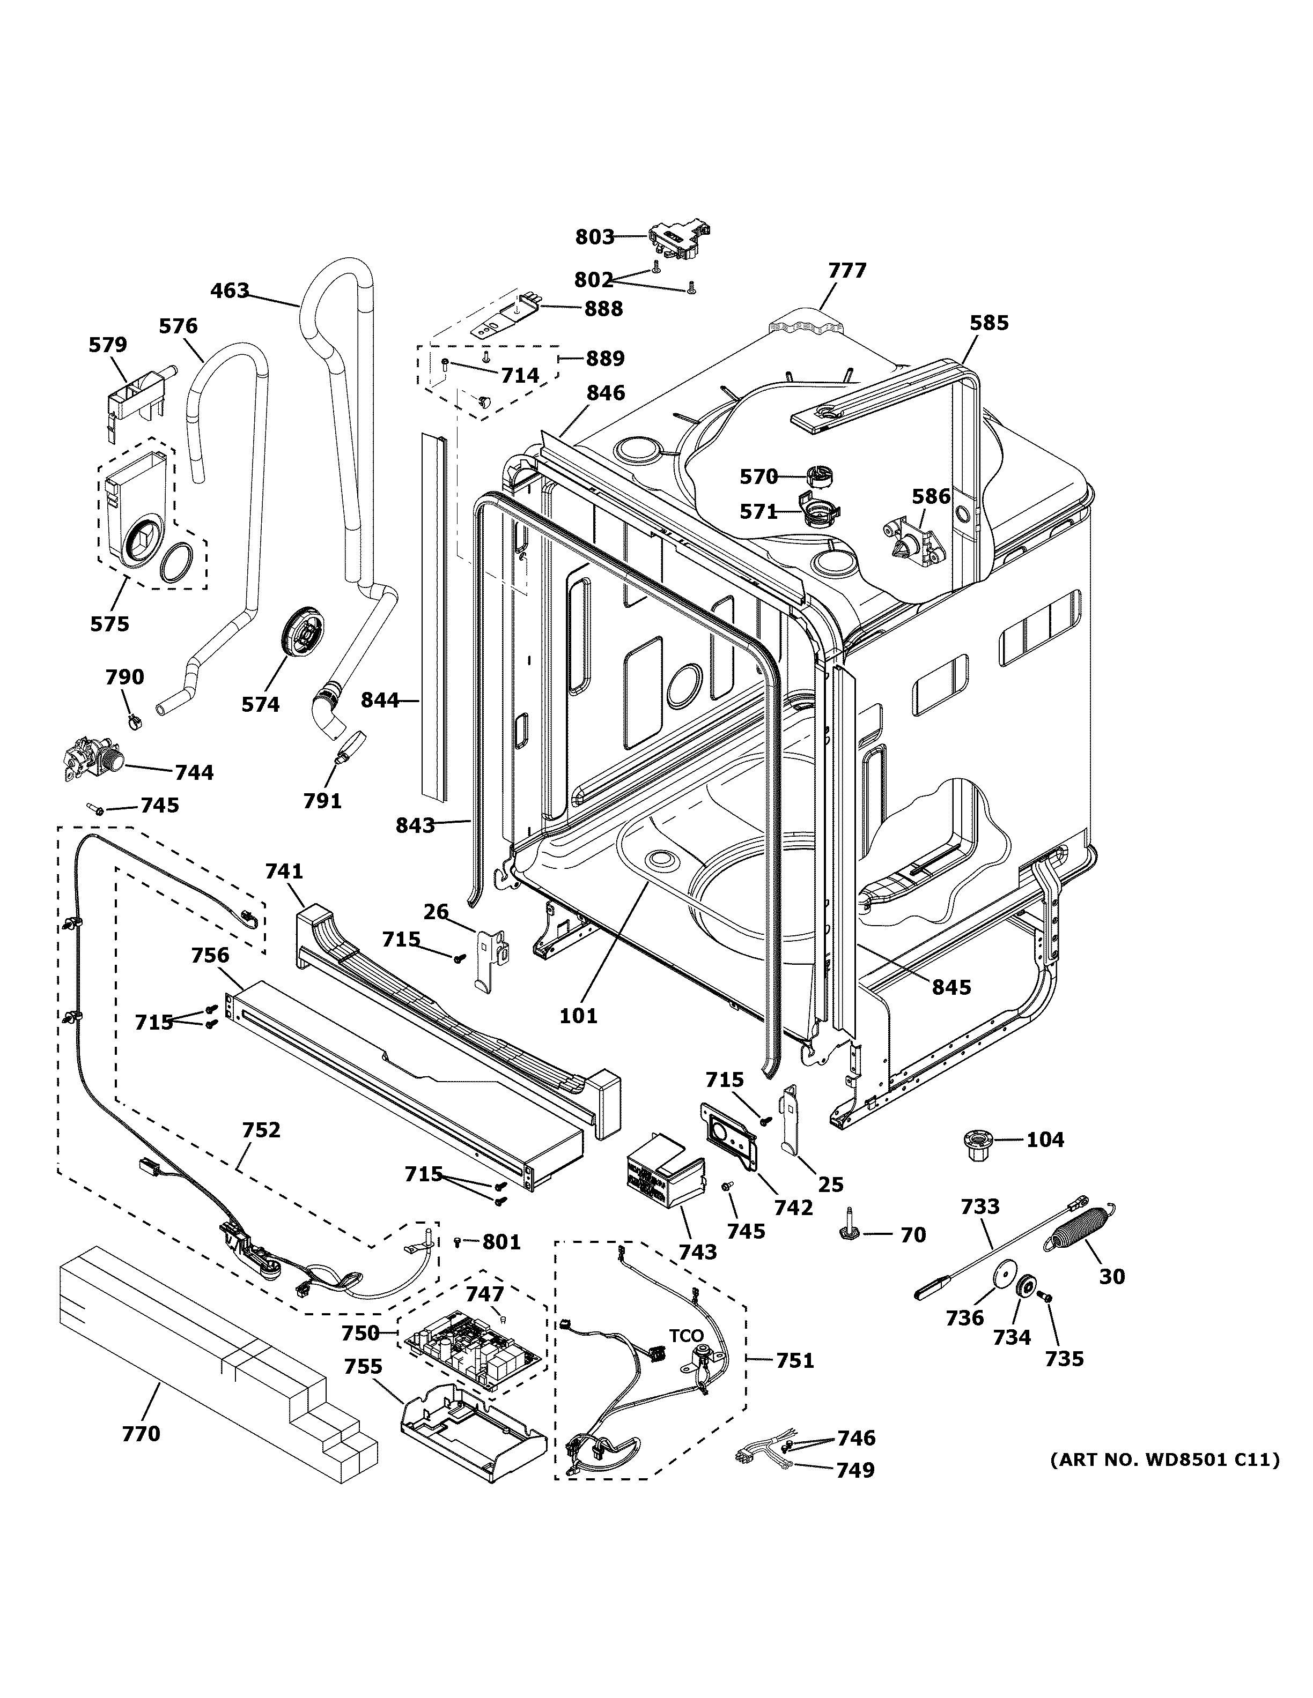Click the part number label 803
[x=594, y=237]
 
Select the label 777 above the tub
[x=846, y=271]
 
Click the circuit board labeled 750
[x=470, y=1351]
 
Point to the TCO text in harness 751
[x=686, y=1336]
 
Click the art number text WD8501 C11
[x=1164, y=1460]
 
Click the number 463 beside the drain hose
[x=230, y=291]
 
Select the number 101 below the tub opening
[x=578, y=1015]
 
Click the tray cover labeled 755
[x=472, y=1427]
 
